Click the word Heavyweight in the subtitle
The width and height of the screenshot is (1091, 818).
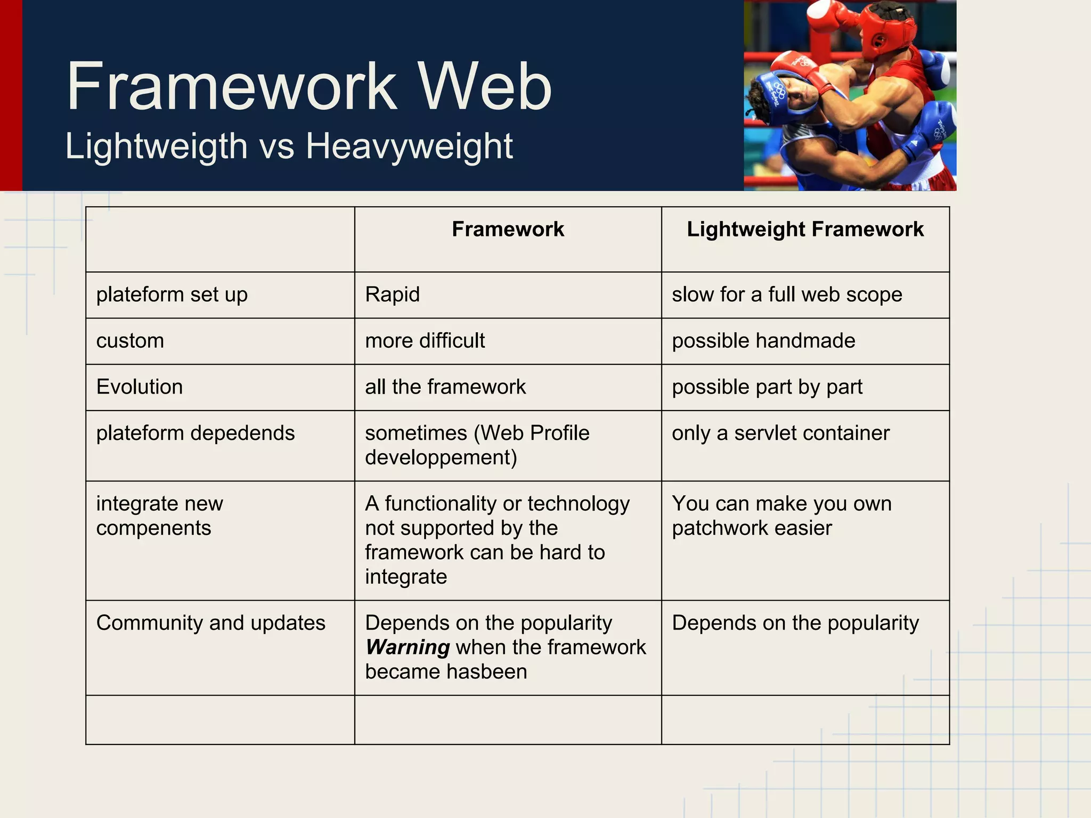[x=409, y=146]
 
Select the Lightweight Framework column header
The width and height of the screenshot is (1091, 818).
[x=804, y=229]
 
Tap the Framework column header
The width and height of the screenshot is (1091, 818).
[x=508, y=229]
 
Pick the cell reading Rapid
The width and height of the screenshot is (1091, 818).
[x=393, y=295]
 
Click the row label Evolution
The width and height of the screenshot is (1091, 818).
[x=140, y=387]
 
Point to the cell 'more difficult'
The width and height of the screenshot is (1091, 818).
[x=425, y=341]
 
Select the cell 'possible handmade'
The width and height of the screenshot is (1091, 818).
[x=763, y=341]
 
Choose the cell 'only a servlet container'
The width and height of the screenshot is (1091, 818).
[x=780, y=433]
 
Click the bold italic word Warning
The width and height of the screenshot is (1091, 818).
[x=408, y=648]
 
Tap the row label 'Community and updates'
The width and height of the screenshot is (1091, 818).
[x=210, y=623]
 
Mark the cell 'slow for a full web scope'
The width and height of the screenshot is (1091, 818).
[x=786, y=295]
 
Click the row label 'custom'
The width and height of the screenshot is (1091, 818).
[x=130, y=341]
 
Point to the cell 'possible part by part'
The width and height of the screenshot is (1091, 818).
[x=767, y=387]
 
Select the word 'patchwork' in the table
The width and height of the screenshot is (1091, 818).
[x=719, y=528]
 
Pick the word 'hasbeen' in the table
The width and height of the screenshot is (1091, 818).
[x=487, y=672]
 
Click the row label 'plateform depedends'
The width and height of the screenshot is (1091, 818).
[x=195, y=433]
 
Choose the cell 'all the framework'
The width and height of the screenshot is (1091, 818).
[x=445, y=387]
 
